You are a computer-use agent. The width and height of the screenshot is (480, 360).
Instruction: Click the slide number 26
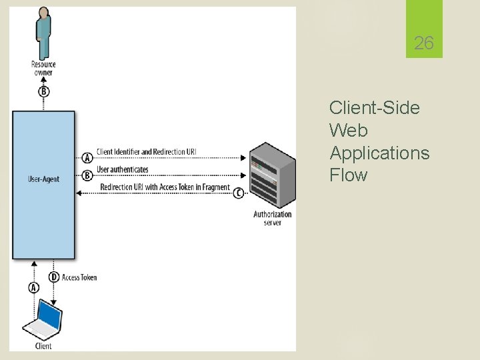point(423,44)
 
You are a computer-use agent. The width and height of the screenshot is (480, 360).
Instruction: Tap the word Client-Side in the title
point(374,108)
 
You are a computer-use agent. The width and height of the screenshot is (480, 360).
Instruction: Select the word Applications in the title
point(379,153)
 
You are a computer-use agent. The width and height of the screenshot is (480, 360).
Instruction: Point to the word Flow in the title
point(348,176)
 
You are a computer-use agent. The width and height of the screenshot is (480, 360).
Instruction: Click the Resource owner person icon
point(43,33)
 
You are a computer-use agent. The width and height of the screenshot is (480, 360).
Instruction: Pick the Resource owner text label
point(43,68)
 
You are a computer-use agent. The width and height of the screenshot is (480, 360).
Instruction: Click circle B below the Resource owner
point(43,91)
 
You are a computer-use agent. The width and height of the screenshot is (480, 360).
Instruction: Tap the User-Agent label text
point(43,179)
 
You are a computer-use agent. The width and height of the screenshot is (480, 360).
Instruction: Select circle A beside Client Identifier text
point(87,158)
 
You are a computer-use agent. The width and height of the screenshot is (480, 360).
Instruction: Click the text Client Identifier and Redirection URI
point(146,152)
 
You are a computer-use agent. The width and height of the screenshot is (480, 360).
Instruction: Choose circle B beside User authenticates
point(87,175)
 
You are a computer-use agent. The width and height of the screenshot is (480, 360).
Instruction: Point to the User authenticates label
point(123,170)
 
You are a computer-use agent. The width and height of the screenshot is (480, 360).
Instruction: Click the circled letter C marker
point(239,193)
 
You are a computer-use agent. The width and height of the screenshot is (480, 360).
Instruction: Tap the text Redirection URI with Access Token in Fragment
point(165,187)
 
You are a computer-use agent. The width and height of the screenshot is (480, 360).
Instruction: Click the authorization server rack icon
point(271,175)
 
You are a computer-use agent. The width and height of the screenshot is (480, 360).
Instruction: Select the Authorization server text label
point(272,218)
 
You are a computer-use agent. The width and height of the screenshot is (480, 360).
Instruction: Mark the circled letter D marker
point(54,277)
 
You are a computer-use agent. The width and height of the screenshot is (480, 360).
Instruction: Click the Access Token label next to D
point(79,277)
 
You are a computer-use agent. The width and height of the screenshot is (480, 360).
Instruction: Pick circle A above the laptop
point(33,287)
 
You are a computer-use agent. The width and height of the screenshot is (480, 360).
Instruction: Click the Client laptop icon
point(43,321)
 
